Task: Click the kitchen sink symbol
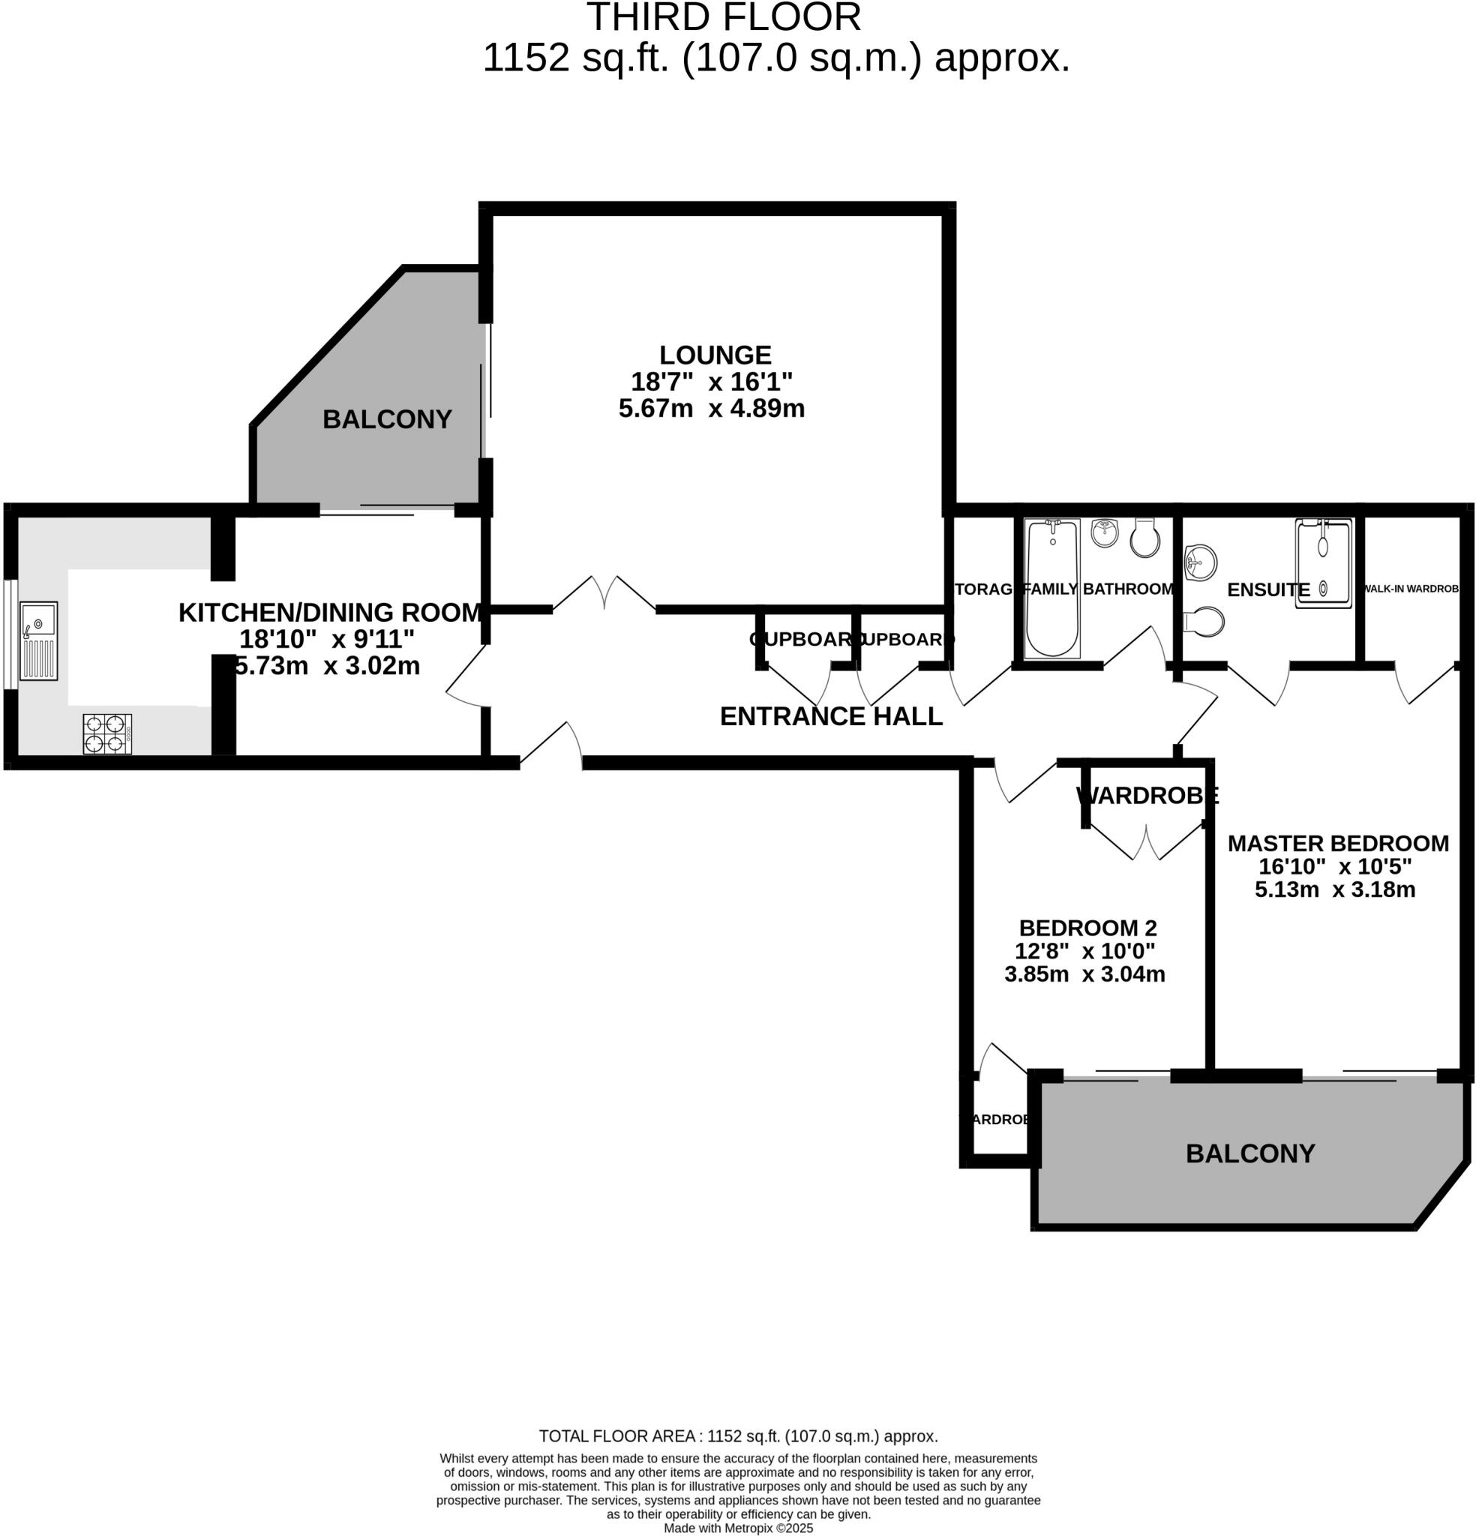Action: point(38,640)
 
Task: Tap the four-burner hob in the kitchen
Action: point(107,733)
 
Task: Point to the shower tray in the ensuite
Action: point(1323,562)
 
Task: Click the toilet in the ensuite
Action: point(1204,622)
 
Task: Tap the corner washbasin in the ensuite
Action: point(1198,562)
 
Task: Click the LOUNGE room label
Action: point(715,355)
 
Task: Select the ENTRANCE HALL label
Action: point(831,716)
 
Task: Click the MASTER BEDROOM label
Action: point(1337,843)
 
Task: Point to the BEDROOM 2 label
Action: point(1087,928)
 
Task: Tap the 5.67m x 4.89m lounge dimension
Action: point(711,408)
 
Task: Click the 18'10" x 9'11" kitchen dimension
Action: point(326,639)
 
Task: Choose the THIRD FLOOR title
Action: point(723,17)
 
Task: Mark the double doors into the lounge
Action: point(604,593)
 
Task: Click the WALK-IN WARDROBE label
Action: point(1411,589)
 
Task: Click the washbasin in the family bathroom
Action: point(1105,533)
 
